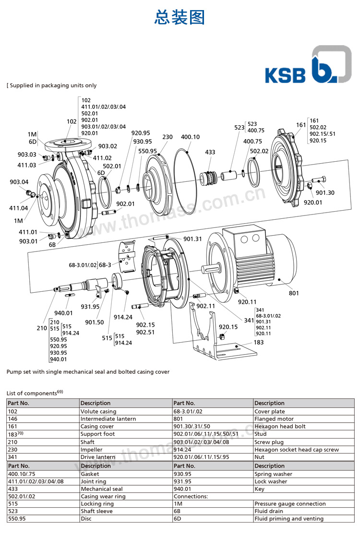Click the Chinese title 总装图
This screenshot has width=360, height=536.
coord(180,17)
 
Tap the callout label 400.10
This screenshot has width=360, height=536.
coord(190,137)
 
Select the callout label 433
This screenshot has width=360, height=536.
coord(210,152)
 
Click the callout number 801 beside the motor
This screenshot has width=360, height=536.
coord(293,293)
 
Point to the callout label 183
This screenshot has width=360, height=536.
coord(259,343)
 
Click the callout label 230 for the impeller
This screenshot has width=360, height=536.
coord(167,137)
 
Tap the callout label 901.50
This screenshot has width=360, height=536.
coord(94,322)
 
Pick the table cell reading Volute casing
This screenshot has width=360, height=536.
coord(98,411)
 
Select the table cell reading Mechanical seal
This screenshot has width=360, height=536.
coord(95,489)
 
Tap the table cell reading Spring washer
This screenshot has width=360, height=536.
coord(273,474)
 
